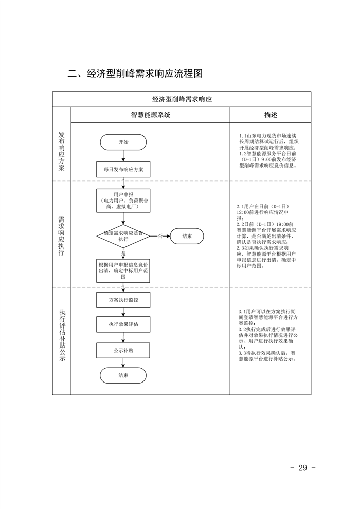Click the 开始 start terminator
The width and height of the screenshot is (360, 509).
(x=123, y=142)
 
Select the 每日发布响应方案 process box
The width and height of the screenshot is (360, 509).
(x=123, y=169)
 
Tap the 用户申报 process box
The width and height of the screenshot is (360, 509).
(x=123, y=200)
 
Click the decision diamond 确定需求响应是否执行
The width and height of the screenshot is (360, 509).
(x=123, y=236)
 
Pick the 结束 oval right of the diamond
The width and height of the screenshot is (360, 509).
(x=187, y=236)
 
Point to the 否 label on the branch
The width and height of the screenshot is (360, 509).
(x=160, y=236)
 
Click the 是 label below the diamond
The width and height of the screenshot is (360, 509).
(x=123, y=253)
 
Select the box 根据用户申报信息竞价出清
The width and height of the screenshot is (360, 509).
(x=123, y=270)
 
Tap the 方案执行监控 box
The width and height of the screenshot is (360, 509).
(x=123, y=300)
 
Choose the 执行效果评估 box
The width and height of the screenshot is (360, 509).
(x=123, y=325)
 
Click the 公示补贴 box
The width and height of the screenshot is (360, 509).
(x=123, y=350)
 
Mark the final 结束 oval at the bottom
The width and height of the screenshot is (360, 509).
(x=123, y=375)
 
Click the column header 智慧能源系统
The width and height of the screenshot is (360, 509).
(x=150, y=115)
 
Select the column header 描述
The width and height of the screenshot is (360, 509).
(x=271, y=115)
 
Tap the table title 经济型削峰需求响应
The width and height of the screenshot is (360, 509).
(x=182, y=99)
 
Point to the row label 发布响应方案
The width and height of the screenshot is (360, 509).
(x=62, y=152)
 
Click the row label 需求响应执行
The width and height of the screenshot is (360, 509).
(x=62, y=234)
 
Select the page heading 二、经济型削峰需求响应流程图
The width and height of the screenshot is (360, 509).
(x=136, y=74)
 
